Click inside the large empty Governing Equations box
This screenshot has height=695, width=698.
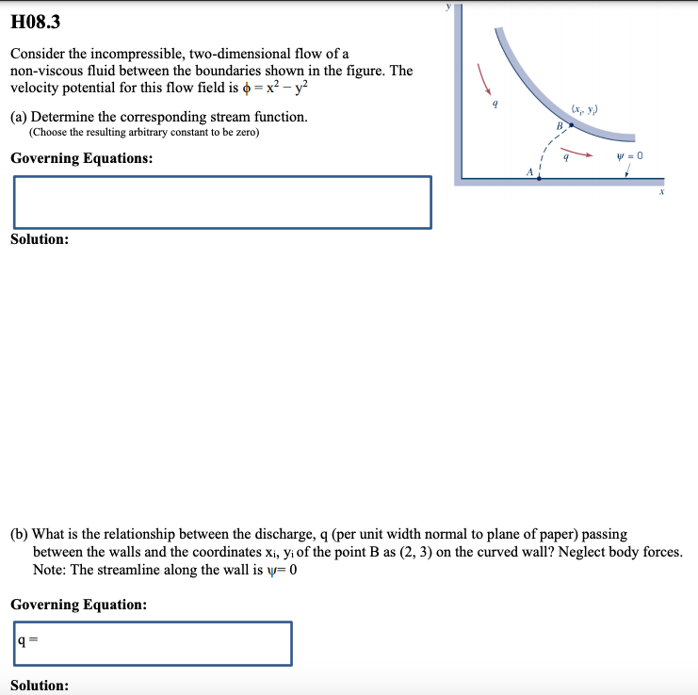(x=222, y=202)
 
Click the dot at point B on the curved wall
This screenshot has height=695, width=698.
(x=571, y=137)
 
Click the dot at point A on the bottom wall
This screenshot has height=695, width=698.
(x=539, y=178)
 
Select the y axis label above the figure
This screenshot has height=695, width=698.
(x=449, y=5)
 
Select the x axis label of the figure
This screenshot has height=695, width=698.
(x=661, y=191)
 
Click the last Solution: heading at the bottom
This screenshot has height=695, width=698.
(x=40, y=685)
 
